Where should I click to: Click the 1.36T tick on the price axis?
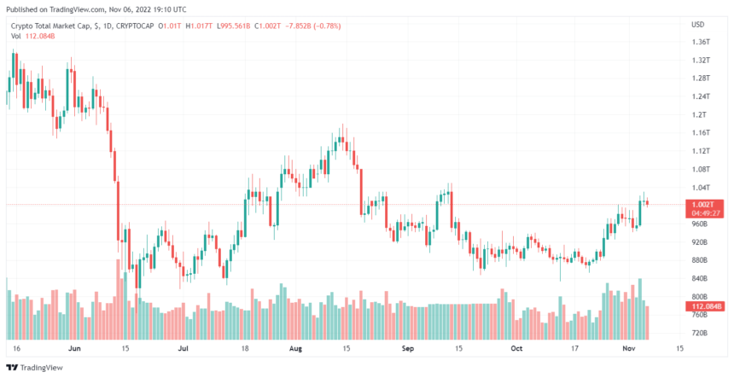pyautogui.click(x=701, y=42)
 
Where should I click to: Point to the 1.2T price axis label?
pyautogui.click(x=699, y=114)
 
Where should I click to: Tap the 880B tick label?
pyautogui.click(x=700, y=259)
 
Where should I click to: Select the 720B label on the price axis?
pyautogui.click(x=700, y=332)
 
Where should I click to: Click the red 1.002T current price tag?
pyautogui.click(x=705, y=203)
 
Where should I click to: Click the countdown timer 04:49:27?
pyautogui.click(x=705, y=212)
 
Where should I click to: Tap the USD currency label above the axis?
pyautogui.click(x=697, y=24)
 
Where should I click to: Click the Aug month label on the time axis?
pyautogui.click(x=296, y=349)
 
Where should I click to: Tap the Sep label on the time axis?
pyautogui.click(x=407, y=349)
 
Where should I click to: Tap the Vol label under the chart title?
pyautogui.click(x=16, y=37)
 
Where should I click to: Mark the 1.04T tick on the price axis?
pyautogui.click(x=700, y=187)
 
